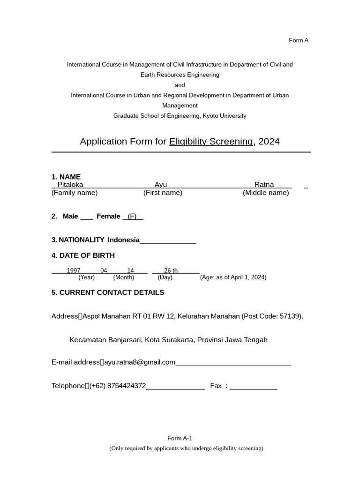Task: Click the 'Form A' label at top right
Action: (x=298, y=40)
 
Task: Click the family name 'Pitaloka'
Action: (x=70, y=185)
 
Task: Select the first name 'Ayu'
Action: (x=161, y=185)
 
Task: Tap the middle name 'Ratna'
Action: (x=264, y=185)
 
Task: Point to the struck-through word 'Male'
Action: (x=70, y=216)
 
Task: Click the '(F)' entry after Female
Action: (x=132, y=216)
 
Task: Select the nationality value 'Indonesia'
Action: (x=124, y=240)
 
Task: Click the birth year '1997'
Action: (x=74, y=270)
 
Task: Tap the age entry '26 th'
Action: (x=171, y=270)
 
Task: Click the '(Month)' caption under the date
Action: (x=123, y=277)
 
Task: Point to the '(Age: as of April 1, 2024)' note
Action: (x=233, y=277)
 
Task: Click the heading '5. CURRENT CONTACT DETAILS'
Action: (x=108, y=292)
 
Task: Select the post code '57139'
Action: (x=290, y=316)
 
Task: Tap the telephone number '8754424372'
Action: (x=127, y=386)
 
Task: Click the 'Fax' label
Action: (x=216, y=386)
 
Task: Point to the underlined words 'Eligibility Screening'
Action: (x=211, y=142)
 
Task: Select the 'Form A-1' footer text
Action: (x=180, y=438)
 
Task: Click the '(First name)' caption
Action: (x=163, y=193)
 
